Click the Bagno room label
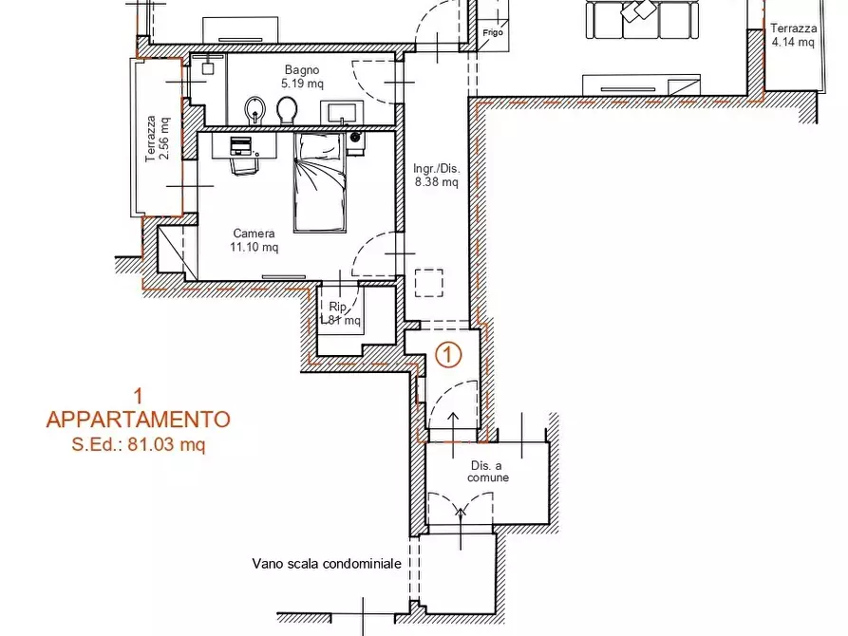[x=302, y=69]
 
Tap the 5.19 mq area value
[x=302, y=84]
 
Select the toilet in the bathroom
[x=287, y=110]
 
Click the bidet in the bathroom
[x=254, y=110]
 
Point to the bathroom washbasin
[x=342, y=112]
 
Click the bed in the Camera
[x=320, y=183]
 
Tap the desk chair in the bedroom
[x=245, y=163]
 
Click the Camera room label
[x=254, y=234]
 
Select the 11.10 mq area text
[x=254, y=247]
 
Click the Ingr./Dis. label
[x=437, y=168]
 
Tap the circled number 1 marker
[x=448, y=355]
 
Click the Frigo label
[x=493, y=32]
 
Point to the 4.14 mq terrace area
[x=793, y=42]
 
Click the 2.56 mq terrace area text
[x=165, y=139]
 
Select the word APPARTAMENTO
[x=139, y=420]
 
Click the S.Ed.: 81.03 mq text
[x=139, y=444]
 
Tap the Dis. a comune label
[x=488, y=471]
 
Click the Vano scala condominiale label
[x=327, y=564]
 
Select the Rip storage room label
[x=337, y=307]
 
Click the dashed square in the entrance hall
[x=429, y=282]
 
